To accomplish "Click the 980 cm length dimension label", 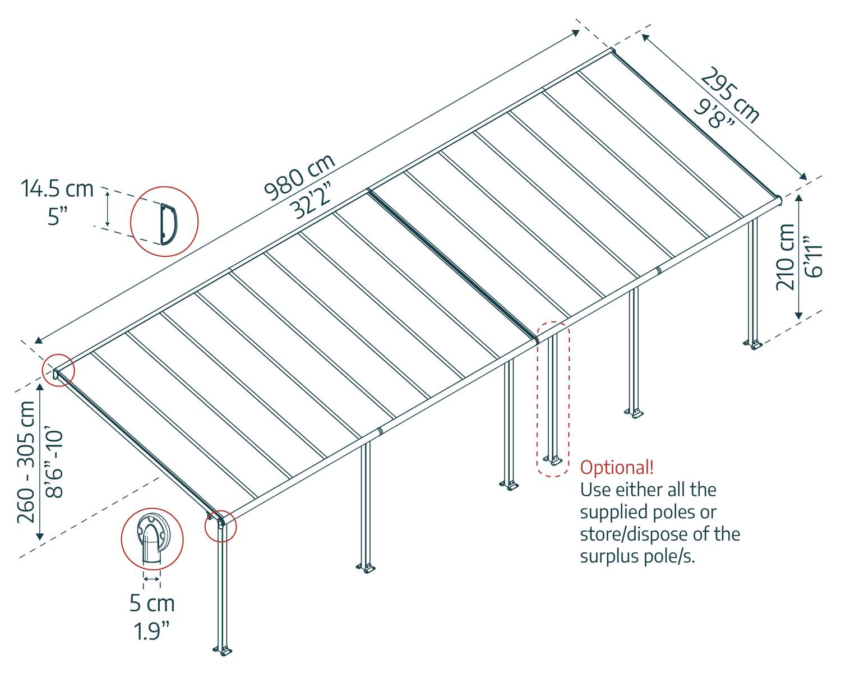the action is (x=300, y=177).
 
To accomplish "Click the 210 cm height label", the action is (x=785, y=257).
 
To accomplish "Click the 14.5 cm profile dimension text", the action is (x=57, y=188).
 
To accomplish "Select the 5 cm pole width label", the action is (x=152, y=603).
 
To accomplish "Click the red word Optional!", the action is (x=617, y=467).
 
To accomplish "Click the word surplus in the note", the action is (x=609, y=557).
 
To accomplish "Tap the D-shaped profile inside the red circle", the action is (x=169, y=224).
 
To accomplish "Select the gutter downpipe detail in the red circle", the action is (x=153, y=539).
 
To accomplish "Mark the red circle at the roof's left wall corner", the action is (x=58, y=370).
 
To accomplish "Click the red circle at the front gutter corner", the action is (x=221, y=526).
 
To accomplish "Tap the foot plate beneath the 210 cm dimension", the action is (x=752, y=344).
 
